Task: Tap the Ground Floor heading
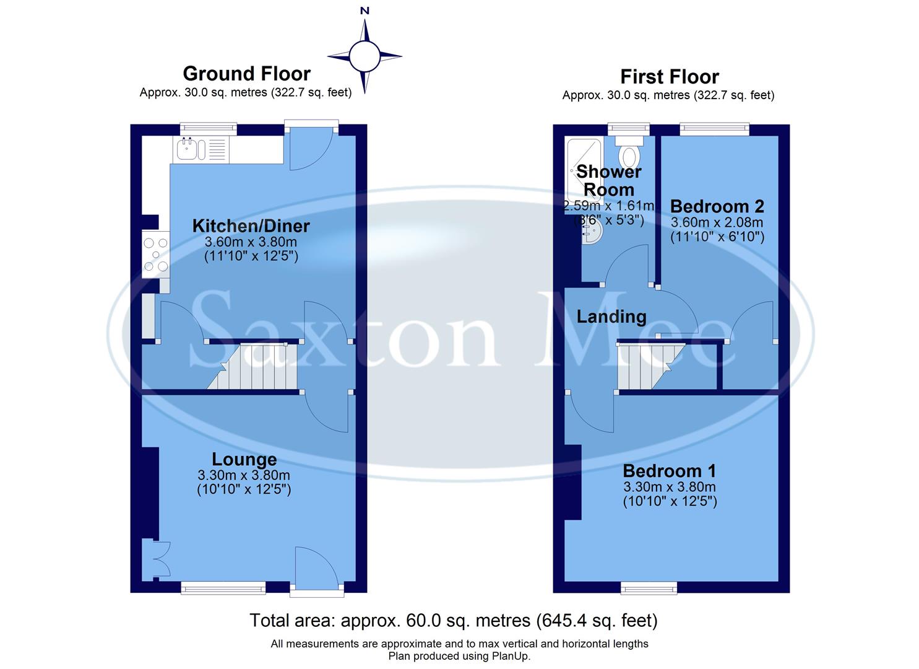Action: coord(246,74)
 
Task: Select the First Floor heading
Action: coord(669,77)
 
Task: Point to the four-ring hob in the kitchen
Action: coord(155,255)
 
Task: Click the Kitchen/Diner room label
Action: coord(251,226)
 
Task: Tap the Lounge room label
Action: coord(244,460)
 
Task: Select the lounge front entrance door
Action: coord(316,569)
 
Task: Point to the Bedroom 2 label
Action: coord(717,206)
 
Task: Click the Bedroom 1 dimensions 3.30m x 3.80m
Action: coord(669,487)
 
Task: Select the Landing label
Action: coord(611,317)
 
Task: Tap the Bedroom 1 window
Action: coord(649,587)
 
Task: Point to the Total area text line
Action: coord(453,620)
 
